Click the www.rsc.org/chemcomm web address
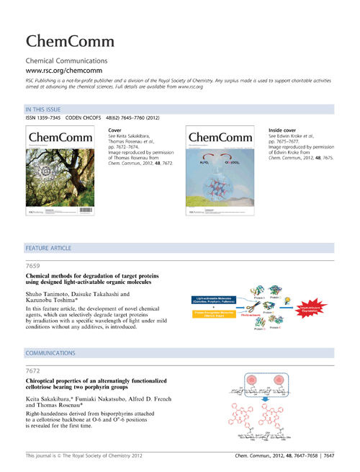63,74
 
